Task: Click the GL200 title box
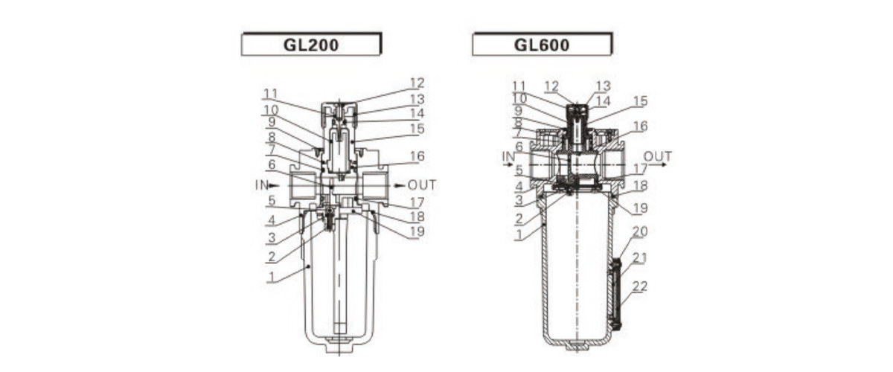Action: pos(311,45)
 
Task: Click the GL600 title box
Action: pos(542,45)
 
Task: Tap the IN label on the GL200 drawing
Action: pos(260,185)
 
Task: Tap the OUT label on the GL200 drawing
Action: pos(422,185)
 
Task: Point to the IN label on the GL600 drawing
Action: pos(508,156)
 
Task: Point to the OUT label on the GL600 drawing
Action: pos(658,156)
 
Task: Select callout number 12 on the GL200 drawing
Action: pos(417,83)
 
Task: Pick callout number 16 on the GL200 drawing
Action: pos(417,156)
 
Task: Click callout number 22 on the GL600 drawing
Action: pos(640,286)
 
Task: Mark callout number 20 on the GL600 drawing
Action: pos(640,231)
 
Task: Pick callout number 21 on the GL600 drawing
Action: pos(640,258)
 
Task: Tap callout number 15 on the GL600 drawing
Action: pos(640,100)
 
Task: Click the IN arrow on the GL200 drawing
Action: pos(275,185)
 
